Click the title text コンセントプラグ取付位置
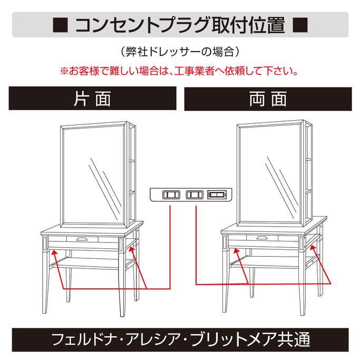[180, 25]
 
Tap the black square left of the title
[60, 25]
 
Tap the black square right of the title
[299, 25]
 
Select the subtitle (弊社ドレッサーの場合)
[180, 52]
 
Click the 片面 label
[92, 99]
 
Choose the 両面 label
[268, 99]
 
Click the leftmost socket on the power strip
[170, 195]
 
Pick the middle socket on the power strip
[194, 195]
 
